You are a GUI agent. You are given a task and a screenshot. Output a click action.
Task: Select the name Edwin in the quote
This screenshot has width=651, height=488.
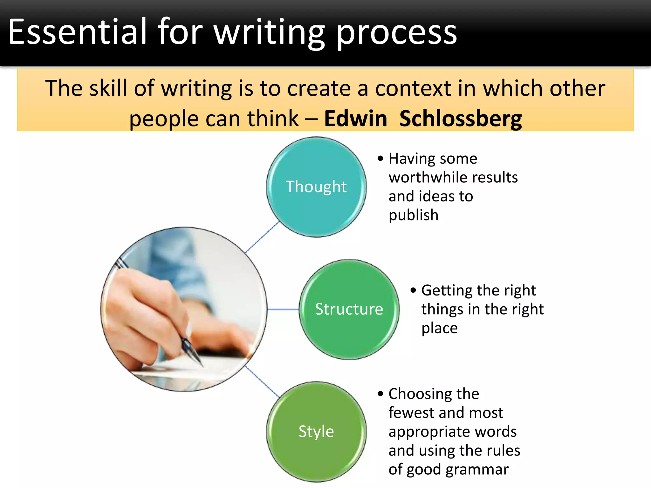point(355,119)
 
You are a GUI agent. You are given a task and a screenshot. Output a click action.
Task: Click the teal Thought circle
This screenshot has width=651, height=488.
point(316,187)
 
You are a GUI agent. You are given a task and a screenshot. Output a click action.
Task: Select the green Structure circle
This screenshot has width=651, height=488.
point(349,309)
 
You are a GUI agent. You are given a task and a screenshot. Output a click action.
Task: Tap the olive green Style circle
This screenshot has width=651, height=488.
point(316,431)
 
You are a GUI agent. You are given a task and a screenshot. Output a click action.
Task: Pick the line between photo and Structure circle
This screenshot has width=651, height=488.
point(283,309)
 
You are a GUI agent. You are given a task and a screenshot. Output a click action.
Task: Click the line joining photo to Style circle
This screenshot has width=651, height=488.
point(262,381)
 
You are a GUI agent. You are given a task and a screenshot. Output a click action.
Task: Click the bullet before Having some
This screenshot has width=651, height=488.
point(380,158)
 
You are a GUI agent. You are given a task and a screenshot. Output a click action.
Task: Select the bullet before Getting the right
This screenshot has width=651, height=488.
point(413,290)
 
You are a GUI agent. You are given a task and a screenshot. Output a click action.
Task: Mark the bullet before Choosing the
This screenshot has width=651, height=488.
point(380,394)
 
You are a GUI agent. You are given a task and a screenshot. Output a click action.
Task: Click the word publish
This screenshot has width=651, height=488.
point(413,215)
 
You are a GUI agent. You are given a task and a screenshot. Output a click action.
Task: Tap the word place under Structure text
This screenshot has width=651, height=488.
point(439,328)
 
